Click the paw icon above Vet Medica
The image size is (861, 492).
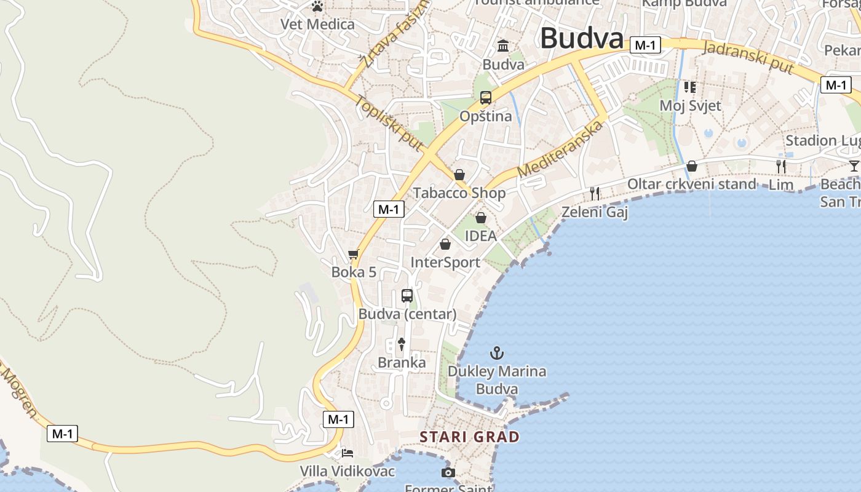pyautogui.click(x=317, y=7)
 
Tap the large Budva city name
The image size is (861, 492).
pyautogui.click(x=582, y=39)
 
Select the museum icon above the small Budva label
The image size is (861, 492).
pyautogui.click(x=504, y=46)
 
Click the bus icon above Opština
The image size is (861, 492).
pyautogui.click(x=486, y=98)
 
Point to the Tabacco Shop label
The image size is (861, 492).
pyautogui.click(x=459, y=193)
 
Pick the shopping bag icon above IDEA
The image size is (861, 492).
pyautogui.click(x=481, y=218)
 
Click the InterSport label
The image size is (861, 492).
pyautogui.click(x=445, y=263)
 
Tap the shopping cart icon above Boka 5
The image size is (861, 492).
pyautogui.click(x=354, y=254)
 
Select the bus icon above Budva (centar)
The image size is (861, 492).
pyautogui.click(x=407, y=296)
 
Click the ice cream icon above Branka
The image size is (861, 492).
pyautogui.click(x=402, y=344)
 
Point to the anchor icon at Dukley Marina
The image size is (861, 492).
pyautogui.click(x=496, y=353)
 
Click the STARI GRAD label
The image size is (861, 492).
pyautogui.click(x=469, y=437)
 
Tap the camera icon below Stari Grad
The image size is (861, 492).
pyautogui.click(x=448, y=472)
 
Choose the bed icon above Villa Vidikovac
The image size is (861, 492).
pyautogui.click(x=347, y=454)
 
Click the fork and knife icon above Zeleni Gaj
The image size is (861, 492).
pyautogui.click(x=595, y=194)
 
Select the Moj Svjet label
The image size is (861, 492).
pyautogui.click(x=690, y=106)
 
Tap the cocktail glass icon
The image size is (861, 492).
pyautogui.click(x=854, y=165)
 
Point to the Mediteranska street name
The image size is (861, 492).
pyautogui.click(x=560, y=149)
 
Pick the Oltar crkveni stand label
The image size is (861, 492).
pyautogui.click(x=691, y=184)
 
